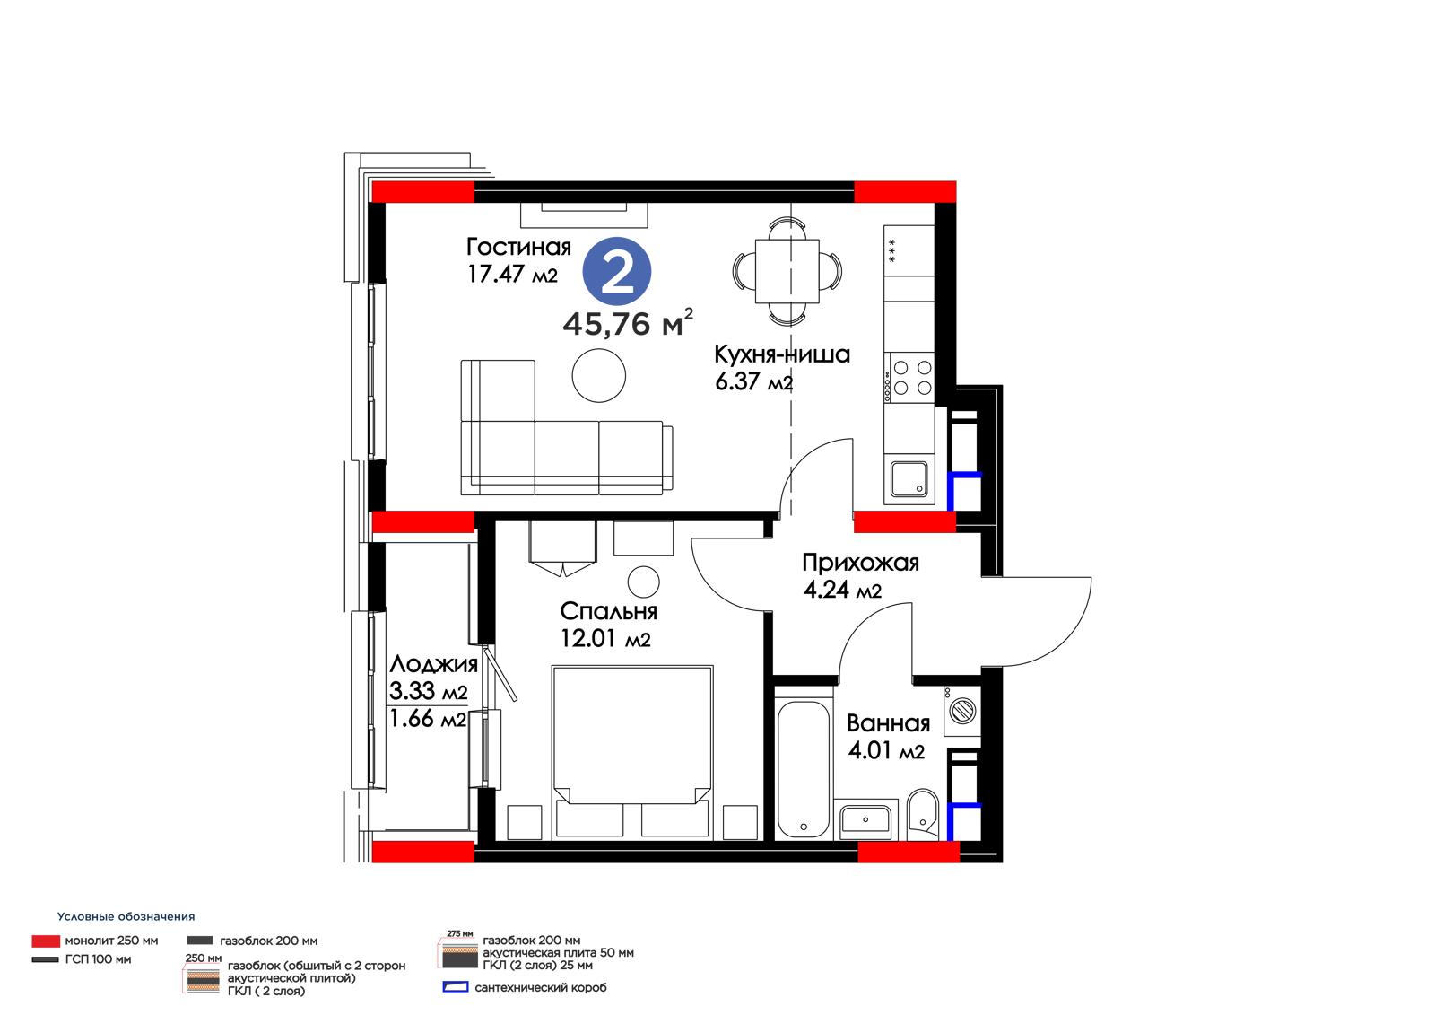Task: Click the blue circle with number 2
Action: pyautogui.click(x=616, y=271)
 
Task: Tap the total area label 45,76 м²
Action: pyautogui.click(x=628, y=322)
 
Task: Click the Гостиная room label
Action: pyautogui.click(x=518, y=247)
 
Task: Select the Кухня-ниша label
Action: pyautogui.click(x=781, y=354)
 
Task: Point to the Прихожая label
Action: pyautogui.click(x=860, y=563)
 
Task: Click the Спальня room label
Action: pyautogui.click(x=609, y=611)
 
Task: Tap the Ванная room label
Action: pyautogui.click(x=888, y=723)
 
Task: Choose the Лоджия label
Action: pyautogui.click(x=434, y=664)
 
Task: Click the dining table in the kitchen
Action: pyautogui.click(x=787, y=271)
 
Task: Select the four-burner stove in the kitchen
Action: pyautogui.click(x=909, y=377)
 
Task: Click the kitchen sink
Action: pyautogui.click(x=909, y=479)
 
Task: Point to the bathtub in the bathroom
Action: pyautogui.click(x=804, y=769)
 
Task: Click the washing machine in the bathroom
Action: pyautogui.click(x=961, y=711)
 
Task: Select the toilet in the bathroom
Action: pyautogui.click(x=923, y=814)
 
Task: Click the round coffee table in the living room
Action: pyautogui.click(x=598, y=376)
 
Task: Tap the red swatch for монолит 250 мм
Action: pyautogui.click(x=46, y=941)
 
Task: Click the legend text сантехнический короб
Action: pyautogui.click(x=540, y=987)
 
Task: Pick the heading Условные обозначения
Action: pyautogui.click(x=126, y=916)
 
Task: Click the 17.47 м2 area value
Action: pyautogui.click(x=512, y=275)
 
